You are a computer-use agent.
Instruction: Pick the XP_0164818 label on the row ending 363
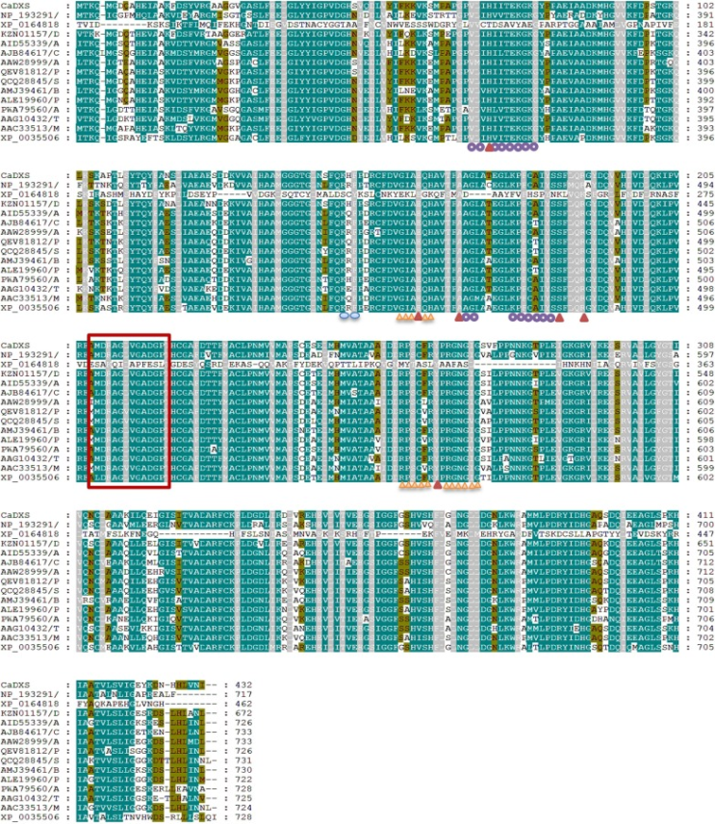25,364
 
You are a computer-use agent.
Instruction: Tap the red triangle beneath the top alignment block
490,147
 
